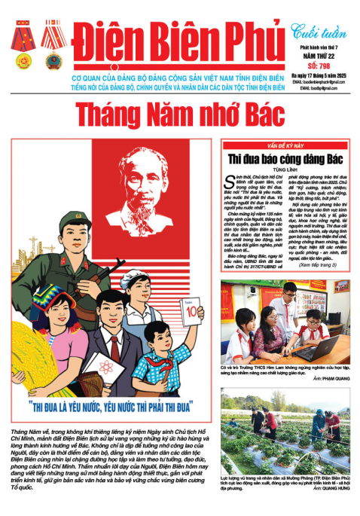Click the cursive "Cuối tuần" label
tap(315, 32)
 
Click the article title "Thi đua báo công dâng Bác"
tap(285, 158)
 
